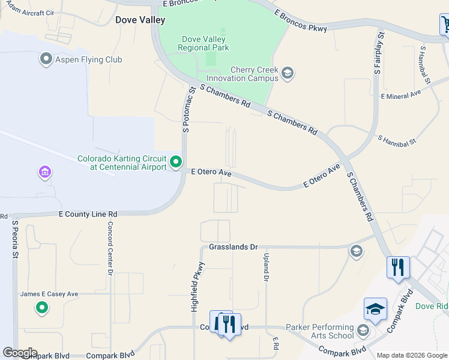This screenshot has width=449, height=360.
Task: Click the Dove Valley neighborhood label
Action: [x=140, y=20]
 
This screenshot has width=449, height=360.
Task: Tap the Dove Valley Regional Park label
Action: [x=204, y=44]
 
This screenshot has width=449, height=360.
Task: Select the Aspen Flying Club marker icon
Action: [x=46, y=59]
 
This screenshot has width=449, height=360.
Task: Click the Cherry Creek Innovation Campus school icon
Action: [x=288, y=74]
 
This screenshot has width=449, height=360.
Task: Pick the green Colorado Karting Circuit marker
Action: [x=176, y=162]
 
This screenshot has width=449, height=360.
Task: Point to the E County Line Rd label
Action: [x=88, y=214]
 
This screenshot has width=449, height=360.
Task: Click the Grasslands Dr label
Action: [x=233, y=247]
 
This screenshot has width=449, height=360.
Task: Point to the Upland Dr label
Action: [x=265, y=266]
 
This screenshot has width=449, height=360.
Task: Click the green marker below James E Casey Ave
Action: [x=41, y=308]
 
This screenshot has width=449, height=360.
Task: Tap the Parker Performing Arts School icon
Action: [x=363, y=331]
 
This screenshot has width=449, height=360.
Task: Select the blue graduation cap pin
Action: [x=375, y=310]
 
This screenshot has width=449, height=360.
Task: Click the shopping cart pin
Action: [x=445, y=26]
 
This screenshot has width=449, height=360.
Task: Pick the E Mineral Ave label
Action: [x=400, y=95]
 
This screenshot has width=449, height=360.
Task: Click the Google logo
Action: [x=19, y=353]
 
